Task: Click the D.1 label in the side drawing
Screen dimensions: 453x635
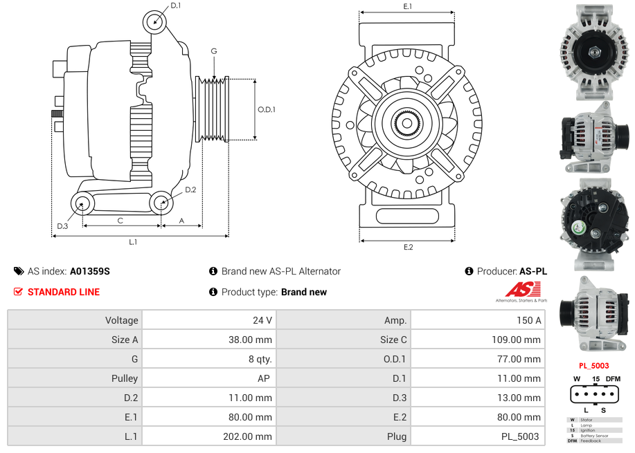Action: pyautogui.click(x=175, y=6)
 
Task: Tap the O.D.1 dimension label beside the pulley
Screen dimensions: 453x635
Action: pyautogui.click(x=267, y=109)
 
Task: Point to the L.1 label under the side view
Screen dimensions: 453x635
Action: pyautogui.click(x=133, y=242)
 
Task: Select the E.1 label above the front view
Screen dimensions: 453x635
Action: pyautogui.click(x=408, y=6)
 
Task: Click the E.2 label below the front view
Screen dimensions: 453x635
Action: pyautogui.click(x=408, y=248)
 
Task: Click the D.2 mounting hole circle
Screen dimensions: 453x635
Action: pyautogui.click(x=161, y=203)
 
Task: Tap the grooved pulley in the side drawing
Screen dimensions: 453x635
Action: pyautogui.click(x=213, y=109)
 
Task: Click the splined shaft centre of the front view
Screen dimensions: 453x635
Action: pyautogui.click(x=406, y=123)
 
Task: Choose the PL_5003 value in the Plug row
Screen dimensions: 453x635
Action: pyautogui.click(x=521, y=436)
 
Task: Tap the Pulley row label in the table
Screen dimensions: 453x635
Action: pyautogui.click(x=125, y=378)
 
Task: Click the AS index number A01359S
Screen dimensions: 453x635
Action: pyautogui.click(x=89, y=271)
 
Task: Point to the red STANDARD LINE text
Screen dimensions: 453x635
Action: pyautogui.click(x=64, y=292)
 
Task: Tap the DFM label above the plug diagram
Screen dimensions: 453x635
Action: pyautogui.click(x=613, y=378)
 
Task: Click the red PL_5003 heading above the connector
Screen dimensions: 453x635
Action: pyautogui.click(x=594, y=365)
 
